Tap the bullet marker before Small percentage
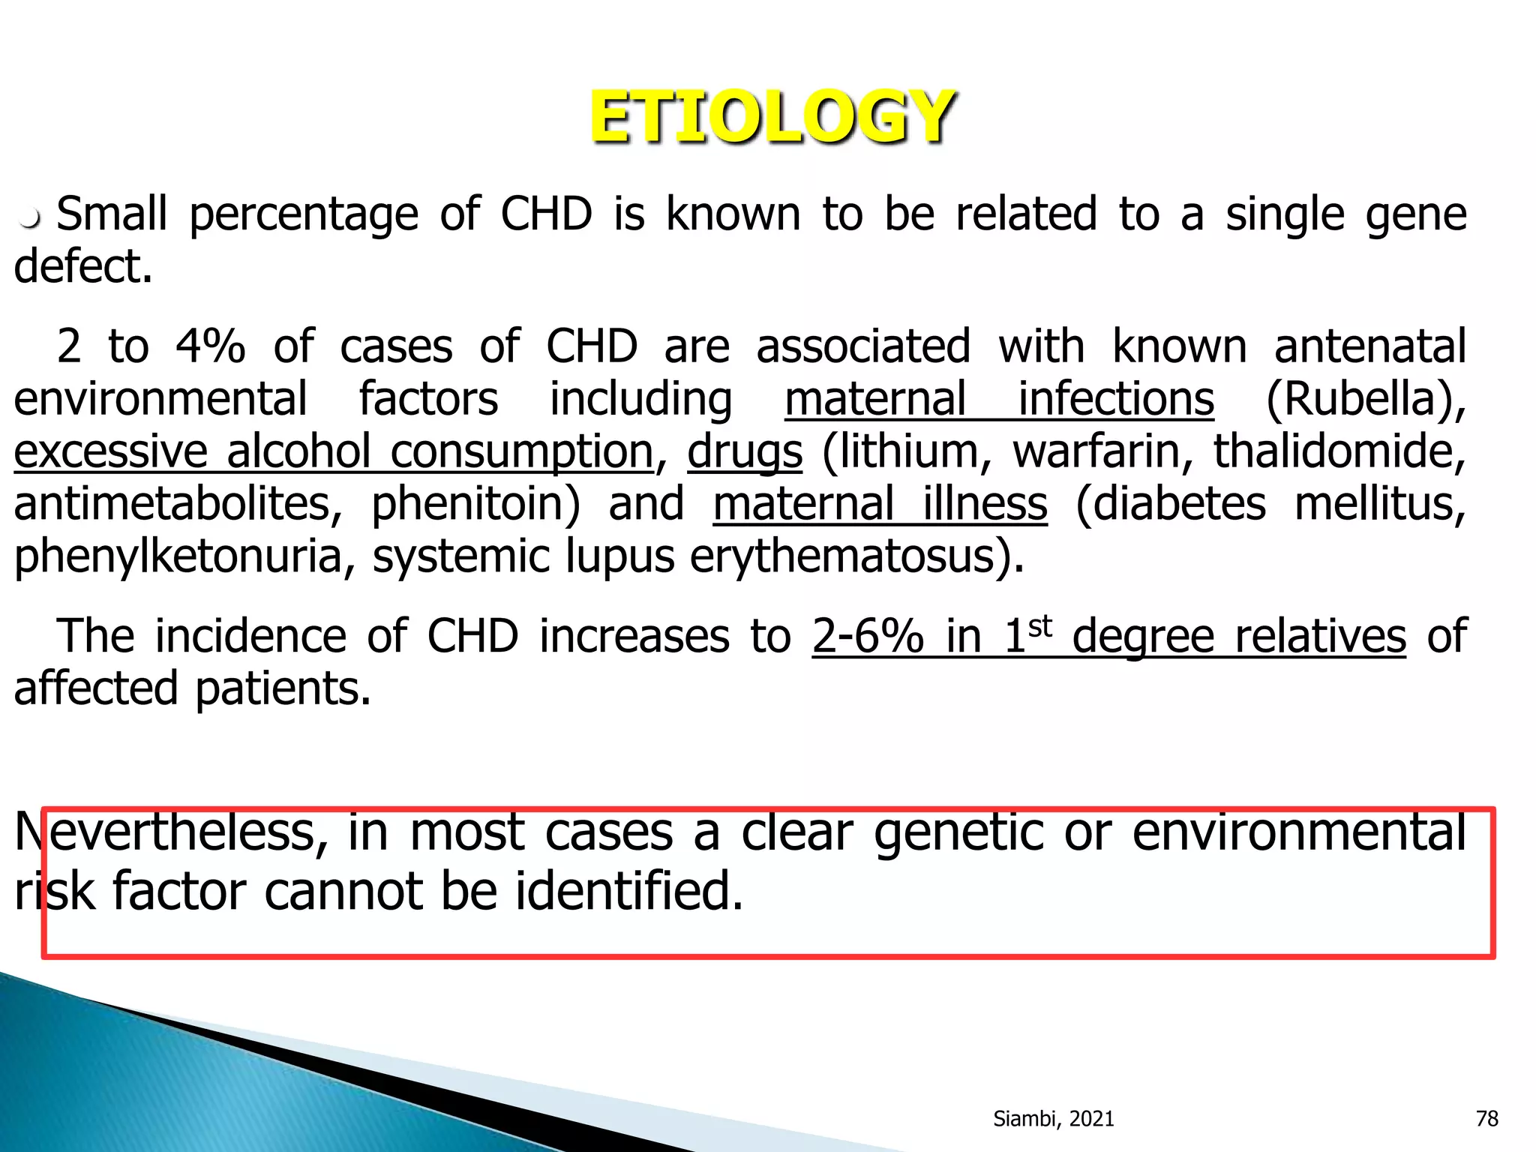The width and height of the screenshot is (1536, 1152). [x=30, y=219]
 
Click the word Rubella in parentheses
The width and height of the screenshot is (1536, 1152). [x=1359, y=399]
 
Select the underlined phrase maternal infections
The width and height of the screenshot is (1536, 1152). [x=999, y=399]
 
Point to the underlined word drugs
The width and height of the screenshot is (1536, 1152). [x=745, y=452]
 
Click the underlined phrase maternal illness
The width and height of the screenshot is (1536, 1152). [x=880, y=504]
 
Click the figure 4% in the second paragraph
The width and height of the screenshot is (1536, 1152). [x=210, y=346]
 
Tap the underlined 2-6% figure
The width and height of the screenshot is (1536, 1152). [x=867, y=637]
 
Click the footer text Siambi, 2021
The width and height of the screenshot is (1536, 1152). [x=1053, y=1119]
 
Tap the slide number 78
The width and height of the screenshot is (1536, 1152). [x=1486, y=1119]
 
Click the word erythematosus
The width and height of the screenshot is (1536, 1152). [x=854, y=557]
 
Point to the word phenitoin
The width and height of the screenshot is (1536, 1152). [x=475, y=504]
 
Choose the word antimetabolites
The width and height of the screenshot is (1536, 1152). [x=177, y=504]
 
